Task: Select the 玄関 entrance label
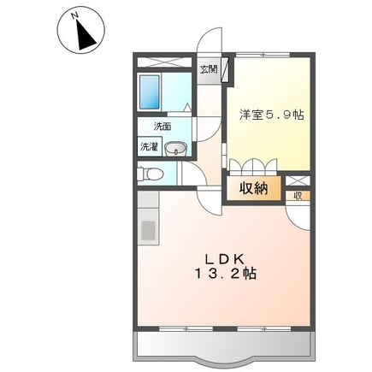[x=209, y=70]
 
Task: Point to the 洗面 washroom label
[x=162, y=126]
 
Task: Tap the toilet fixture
[x=151, y=174]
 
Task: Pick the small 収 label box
[x=298, y=195]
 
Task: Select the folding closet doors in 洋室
[x=254, y=164]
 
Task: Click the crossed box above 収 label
[x=298, y=180]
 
